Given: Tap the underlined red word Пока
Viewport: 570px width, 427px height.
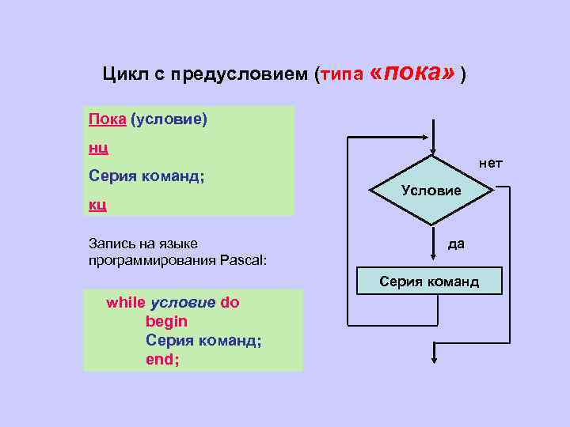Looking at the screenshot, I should click(107, 119).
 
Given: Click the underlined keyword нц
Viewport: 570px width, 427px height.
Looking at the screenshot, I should click(97, 147).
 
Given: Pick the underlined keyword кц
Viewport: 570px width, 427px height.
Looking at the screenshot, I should click(97, 204).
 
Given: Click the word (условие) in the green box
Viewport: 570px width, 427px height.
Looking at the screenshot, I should click(168, 119).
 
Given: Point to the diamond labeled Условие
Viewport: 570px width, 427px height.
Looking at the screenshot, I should click(431, 191).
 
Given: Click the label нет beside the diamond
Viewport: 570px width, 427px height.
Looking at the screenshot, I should click(489, 164).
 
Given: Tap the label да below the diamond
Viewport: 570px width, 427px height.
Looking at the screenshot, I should click(456, 244).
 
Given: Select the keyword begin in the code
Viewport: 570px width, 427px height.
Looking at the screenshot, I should click(166, 322).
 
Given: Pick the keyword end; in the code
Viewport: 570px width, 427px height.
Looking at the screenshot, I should click(162, 360).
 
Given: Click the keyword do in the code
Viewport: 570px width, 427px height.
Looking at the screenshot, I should click(230, 303).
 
